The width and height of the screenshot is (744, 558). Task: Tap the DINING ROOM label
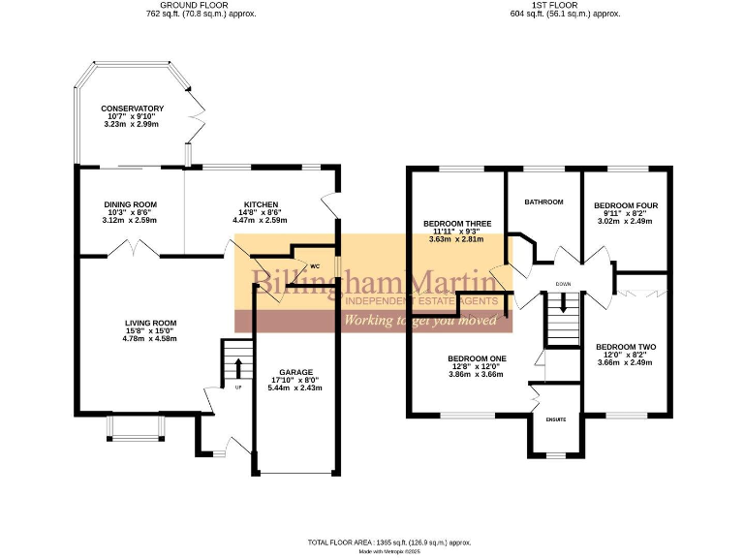tap(131, 204)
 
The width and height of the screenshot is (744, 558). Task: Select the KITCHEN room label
tap(261, 204)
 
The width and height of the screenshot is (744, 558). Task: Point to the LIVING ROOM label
tap(150, 324)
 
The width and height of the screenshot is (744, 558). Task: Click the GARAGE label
tap(295, 372)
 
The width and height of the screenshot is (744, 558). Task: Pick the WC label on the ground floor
tap(314, 266)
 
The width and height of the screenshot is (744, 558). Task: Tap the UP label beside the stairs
tap(237, 388)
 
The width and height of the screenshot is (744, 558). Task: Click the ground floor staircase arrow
tap(238, 366)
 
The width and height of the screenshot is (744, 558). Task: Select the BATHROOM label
tap(543, 201)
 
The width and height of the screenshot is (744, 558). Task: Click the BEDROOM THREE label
tap(457, 224)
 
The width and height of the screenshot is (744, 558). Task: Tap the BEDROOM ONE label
tap(472, 358)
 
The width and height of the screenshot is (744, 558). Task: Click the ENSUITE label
tap(555, 419)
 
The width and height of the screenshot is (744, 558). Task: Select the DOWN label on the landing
tap(563, 284)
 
